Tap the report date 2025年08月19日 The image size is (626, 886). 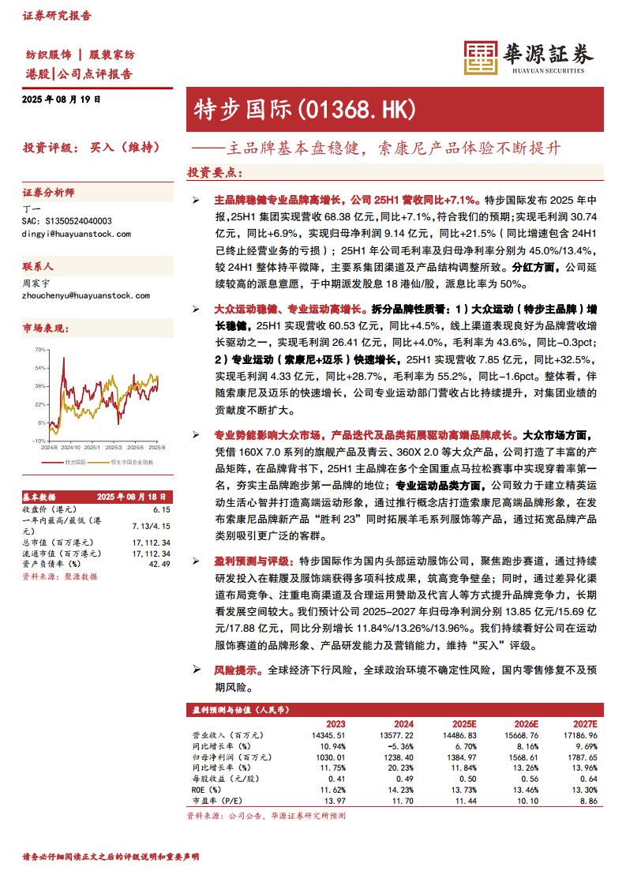[62, 100]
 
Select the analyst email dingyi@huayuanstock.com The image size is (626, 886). [77, 234]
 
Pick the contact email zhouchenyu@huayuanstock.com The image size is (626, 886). [86, 295]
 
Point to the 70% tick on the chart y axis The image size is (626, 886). [40, 349]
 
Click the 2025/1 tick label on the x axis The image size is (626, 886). [94, 446]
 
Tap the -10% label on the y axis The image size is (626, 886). [39, 441]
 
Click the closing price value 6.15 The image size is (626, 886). [162, 510]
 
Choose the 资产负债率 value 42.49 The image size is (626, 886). [159, 564]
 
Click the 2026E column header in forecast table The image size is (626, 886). [525, 723]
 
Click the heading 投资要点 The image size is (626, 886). [214, 171]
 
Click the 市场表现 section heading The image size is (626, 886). [43, 327]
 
